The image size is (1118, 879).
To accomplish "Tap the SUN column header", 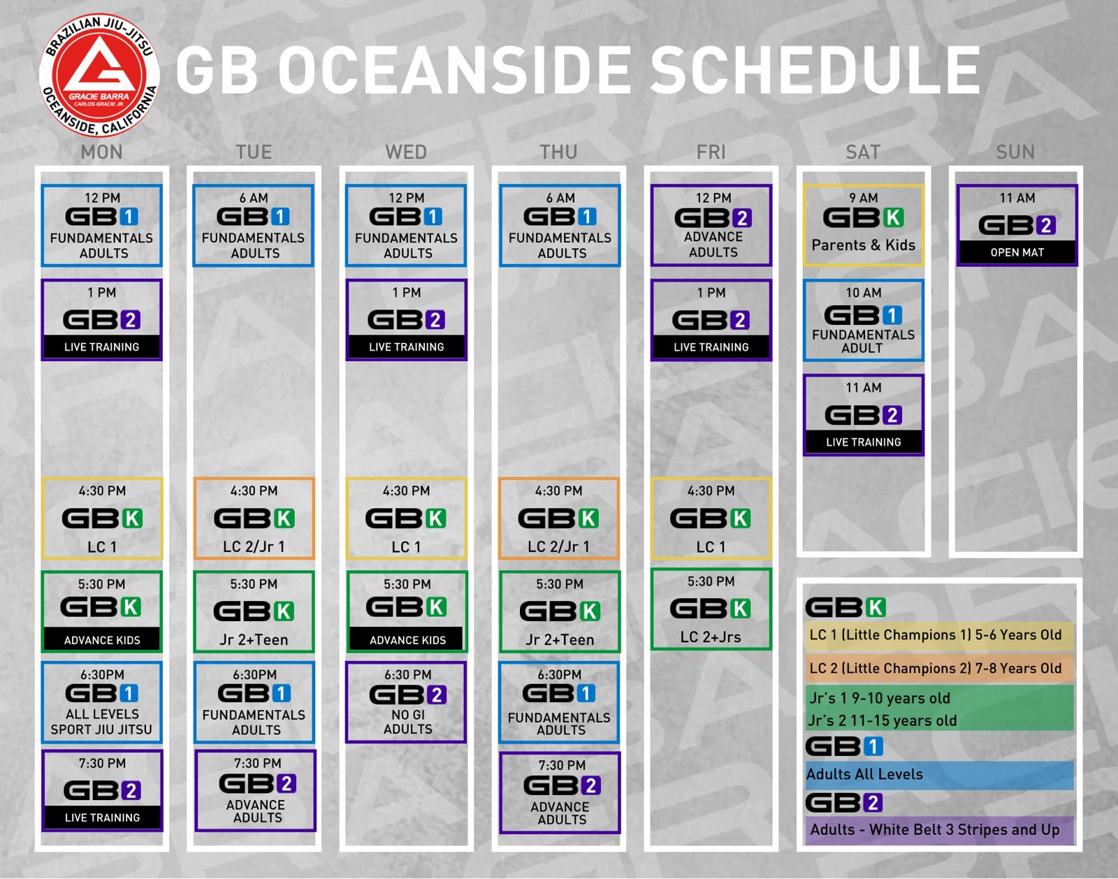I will pyautogui.click(x=1015, y=152).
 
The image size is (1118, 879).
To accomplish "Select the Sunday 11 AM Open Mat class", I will pyautogui.click(x=1017, y=225).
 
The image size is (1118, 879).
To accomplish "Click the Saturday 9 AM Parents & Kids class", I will pyautogui.click(x=863, y=225).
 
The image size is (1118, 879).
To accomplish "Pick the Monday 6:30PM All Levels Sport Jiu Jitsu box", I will pyautogui.click(x=102, y=702).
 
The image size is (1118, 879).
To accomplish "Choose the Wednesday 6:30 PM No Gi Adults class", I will pyautogui.click(x=407, y=702).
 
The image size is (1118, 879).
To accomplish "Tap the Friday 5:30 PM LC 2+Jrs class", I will pyautogui.click(x=711, y=609).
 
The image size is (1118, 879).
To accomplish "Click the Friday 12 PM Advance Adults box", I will pyautogui.click(x=711, y=225).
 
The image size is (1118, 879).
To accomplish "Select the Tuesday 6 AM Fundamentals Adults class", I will pyautogui.click(x=254, y=225).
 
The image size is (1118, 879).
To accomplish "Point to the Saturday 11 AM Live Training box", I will pyautogui.click(x=863, y=415).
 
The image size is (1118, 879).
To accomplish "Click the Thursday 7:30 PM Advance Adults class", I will pyautogui.click(x=560, y=793).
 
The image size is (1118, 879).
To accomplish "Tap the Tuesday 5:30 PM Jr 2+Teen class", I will pyautogui.click(x=254, y=611).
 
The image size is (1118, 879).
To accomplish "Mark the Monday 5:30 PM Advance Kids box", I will pyautogui.click(x=102, y=611).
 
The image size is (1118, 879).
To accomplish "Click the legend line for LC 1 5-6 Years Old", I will pyautogui.click(x=936, y=635).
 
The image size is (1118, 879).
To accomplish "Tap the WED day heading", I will pyautogui.click(x=406, y=152).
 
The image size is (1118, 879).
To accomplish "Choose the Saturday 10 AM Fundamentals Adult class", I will pyautogui.click(x=863, y=321).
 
